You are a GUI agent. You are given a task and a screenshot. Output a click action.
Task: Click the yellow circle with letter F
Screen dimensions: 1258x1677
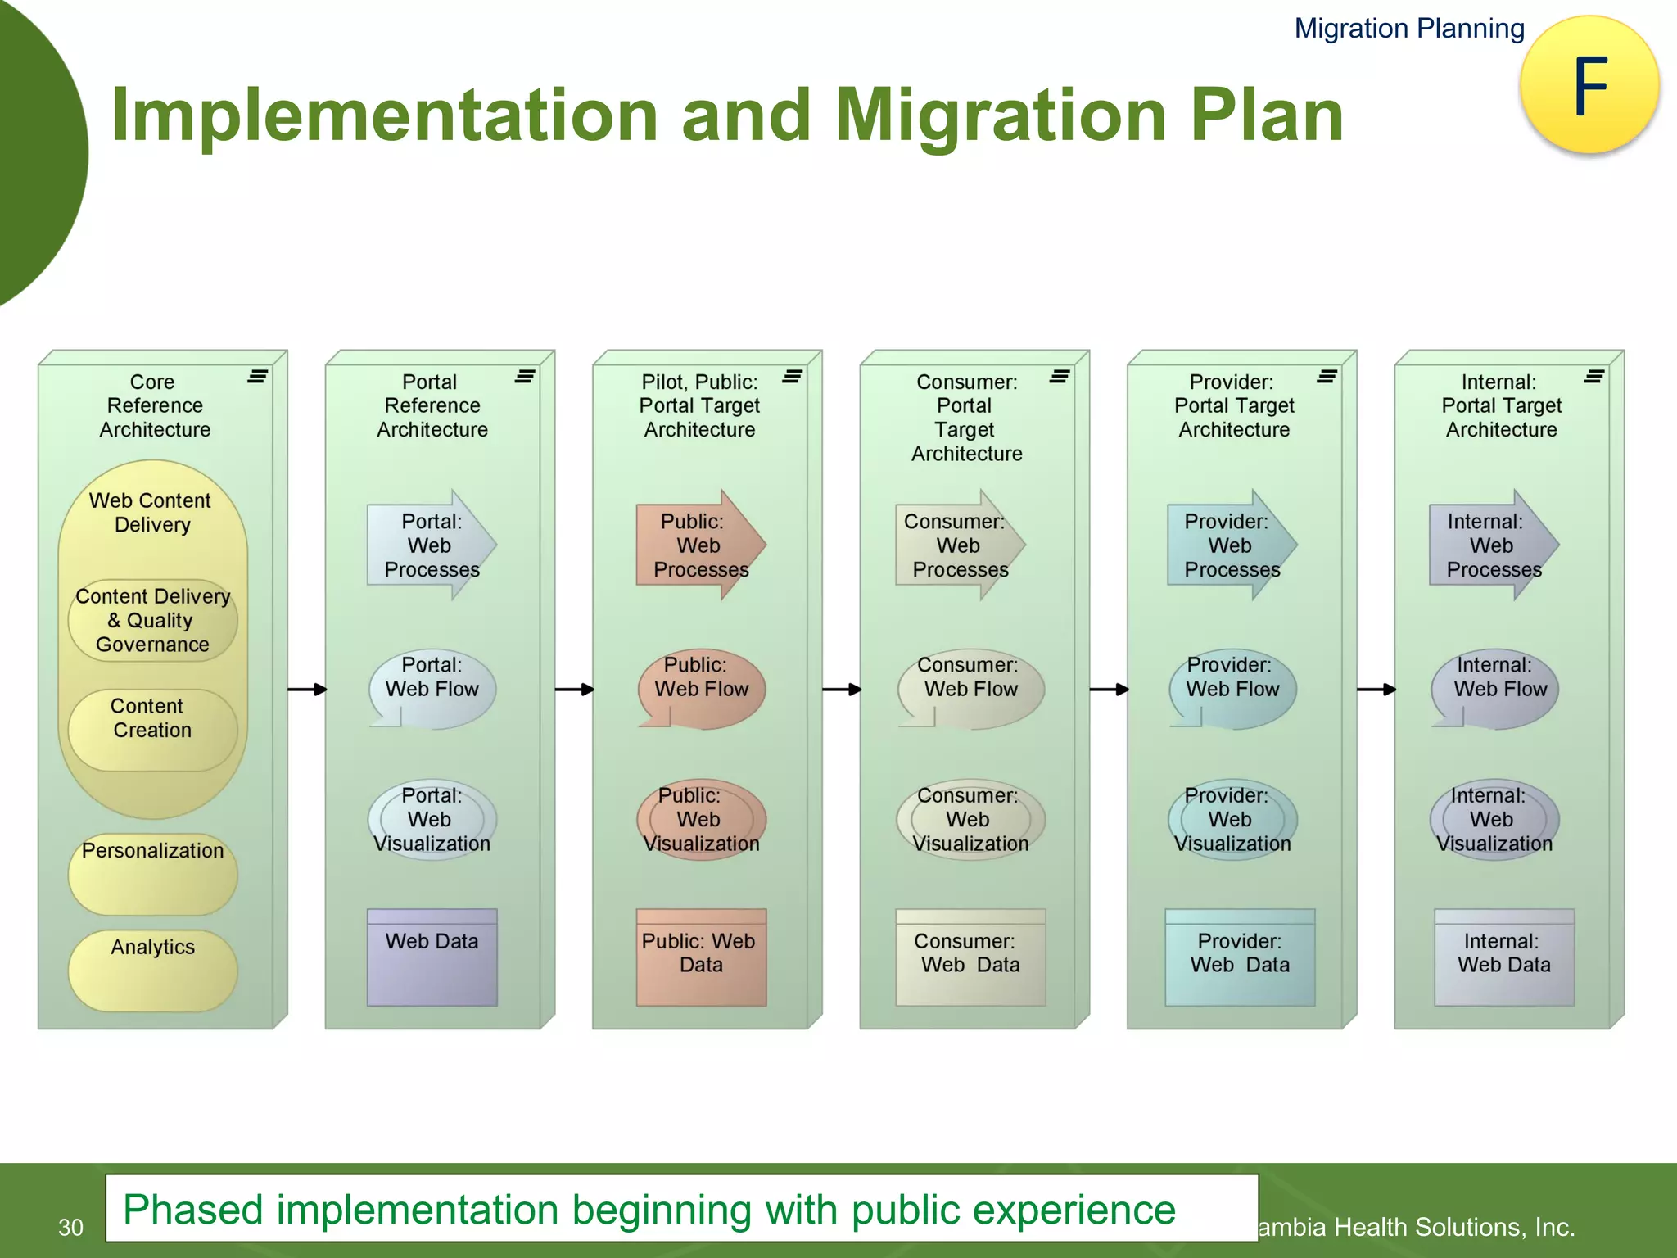tap(1589, 85)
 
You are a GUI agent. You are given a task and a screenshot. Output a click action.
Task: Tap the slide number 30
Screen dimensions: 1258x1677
tap(70, 1227)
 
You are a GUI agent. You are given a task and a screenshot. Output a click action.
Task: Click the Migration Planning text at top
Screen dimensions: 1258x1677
tap(1408, 29)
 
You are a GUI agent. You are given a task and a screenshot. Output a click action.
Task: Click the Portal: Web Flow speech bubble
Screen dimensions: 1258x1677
tap(432, 689)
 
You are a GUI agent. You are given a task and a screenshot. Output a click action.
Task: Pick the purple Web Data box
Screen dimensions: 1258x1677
tap(432, 957)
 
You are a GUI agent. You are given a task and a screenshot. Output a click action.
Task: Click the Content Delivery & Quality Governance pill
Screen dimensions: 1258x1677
tap(153, 621)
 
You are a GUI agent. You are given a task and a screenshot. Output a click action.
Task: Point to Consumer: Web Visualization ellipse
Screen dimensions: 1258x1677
tap(970, 819)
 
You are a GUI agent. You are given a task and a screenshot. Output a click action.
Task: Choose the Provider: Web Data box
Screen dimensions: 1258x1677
tap(1240, 957)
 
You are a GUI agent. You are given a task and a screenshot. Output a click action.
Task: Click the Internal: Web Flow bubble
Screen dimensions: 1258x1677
tap(1495, 689)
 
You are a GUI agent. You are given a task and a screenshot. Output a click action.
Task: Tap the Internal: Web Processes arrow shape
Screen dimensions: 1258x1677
tap(1493, 545)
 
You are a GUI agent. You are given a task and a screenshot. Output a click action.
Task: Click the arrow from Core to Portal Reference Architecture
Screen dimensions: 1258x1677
tap(307, 690)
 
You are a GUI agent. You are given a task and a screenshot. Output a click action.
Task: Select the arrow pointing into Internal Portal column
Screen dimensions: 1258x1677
tap(1376, 690)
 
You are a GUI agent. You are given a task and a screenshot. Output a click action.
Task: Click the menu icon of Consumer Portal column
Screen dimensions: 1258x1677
tap(1060, 376)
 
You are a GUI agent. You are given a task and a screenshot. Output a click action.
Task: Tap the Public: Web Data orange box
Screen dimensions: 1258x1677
tap(701, 957)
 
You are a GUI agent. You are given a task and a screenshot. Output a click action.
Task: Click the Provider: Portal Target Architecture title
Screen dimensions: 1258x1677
tap(1234, 405)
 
